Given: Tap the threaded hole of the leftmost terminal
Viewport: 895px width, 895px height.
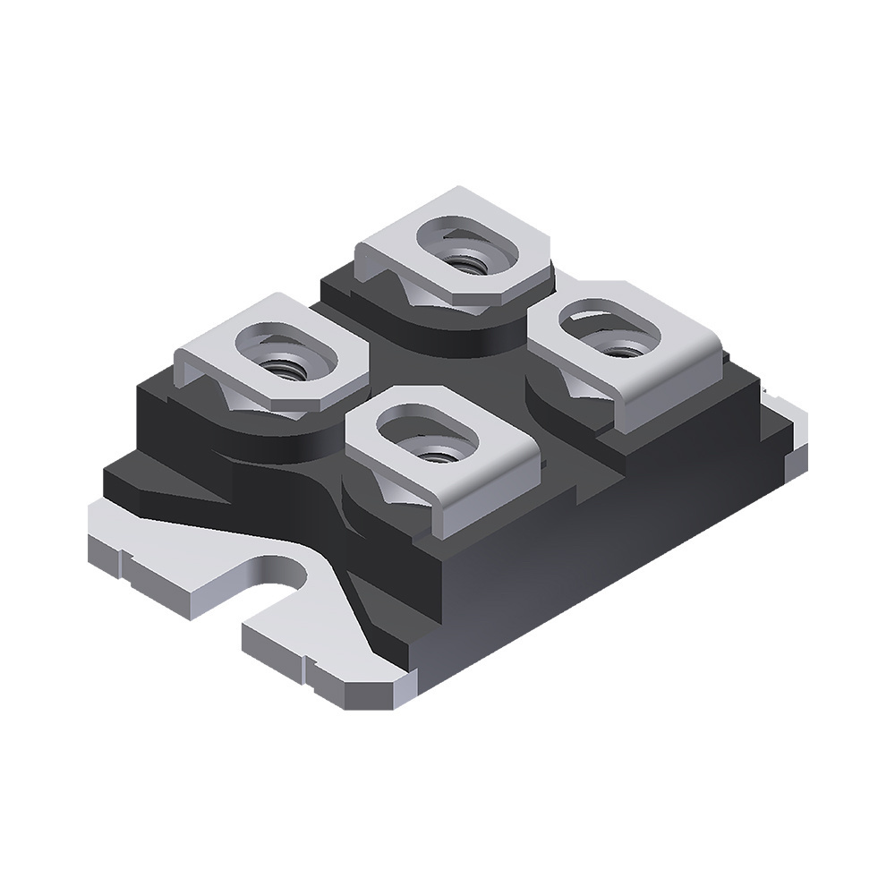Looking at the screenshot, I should point(284,364).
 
